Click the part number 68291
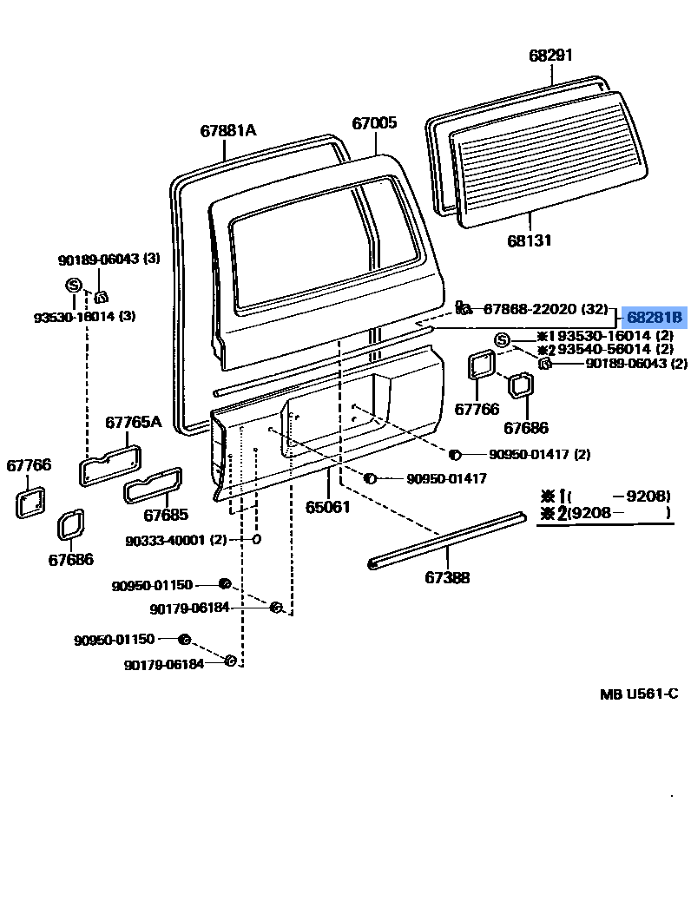coord(551,56)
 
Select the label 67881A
coord(228,130)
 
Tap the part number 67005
coord(374,123)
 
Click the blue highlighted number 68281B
coord(656,318)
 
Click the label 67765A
coord(134,422)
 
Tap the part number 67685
coord(166,515)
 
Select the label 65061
coord(327,506)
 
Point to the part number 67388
coord(447,576)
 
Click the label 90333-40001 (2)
coord(175,540)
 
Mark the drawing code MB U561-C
coord(639,694)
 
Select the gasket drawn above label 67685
coord(154,484)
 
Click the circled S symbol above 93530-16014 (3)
coord(74,285)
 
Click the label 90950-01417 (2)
coord(539,454)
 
